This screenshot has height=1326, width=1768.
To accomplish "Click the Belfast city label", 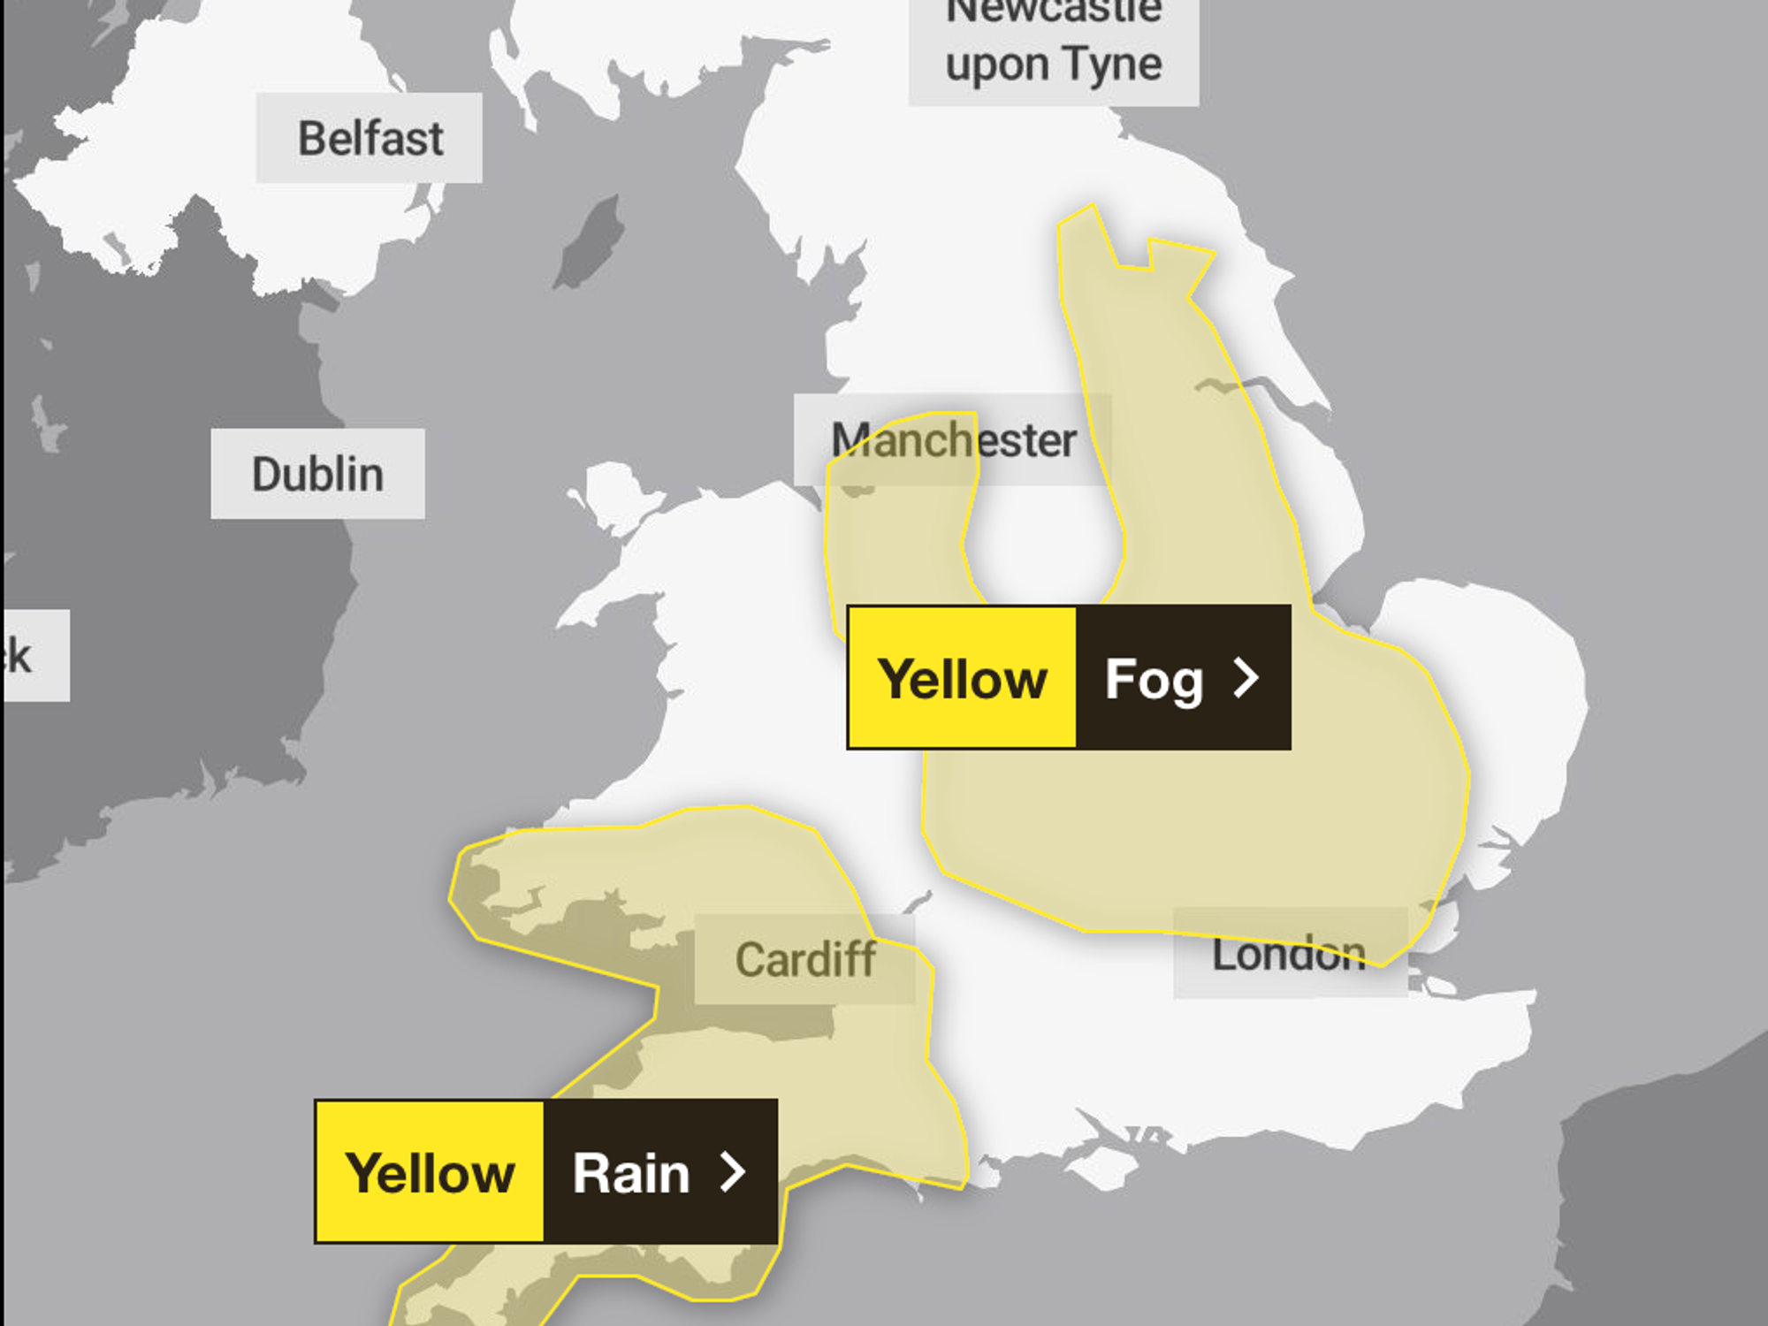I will tap(370, 139).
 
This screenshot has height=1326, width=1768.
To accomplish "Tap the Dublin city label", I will tap(317, 475).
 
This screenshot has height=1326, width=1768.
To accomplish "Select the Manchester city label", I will tap(953, 440).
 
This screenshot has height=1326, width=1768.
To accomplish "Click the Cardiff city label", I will tap(804, 960).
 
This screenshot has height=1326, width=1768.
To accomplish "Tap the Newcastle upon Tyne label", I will tap(1054, 44).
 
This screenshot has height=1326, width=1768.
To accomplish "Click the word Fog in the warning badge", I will tap(1154, 679).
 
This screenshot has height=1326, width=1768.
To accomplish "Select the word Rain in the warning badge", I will tap(630, 1173).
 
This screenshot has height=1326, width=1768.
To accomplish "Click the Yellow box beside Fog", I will tap(963, 679).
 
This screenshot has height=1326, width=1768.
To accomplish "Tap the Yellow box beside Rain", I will tap(430, 1173).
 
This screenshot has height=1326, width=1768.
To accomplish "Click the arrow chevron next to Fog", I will tap(1246, 678).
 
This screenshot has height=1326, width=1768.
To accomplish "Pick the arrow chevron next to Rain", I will tap(733, 1172).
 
